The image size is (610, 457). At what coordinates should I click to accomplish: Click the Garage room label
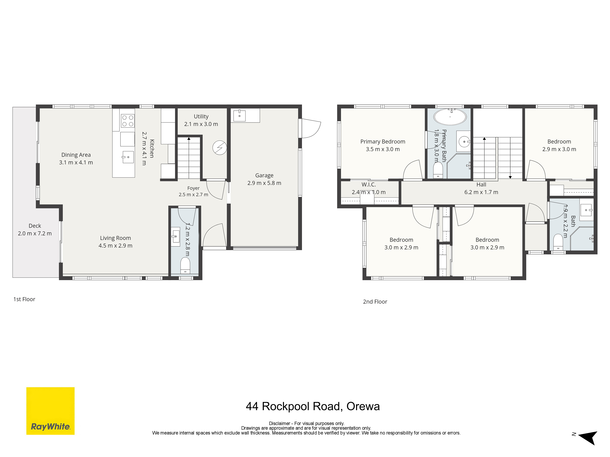(264, 175)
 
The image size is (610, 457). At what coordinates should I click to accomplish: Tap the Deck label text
(35, 226)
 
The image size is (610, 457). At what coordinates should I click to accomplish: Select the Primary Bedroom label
(383, 142)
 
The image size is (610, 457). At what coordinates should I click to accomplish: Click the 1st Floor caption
(24, 299)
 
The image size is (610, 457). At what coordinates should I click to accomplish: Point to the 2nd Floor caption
(375, 302)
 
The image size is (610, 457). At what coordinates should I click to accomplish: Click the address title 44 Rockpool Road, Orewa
(313, 406)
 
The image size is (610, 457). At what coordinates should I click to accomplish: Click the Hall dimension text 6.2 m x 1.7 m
(481, 192)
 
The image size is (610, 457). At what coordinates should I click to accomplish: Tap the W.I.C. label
(369, 185)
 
